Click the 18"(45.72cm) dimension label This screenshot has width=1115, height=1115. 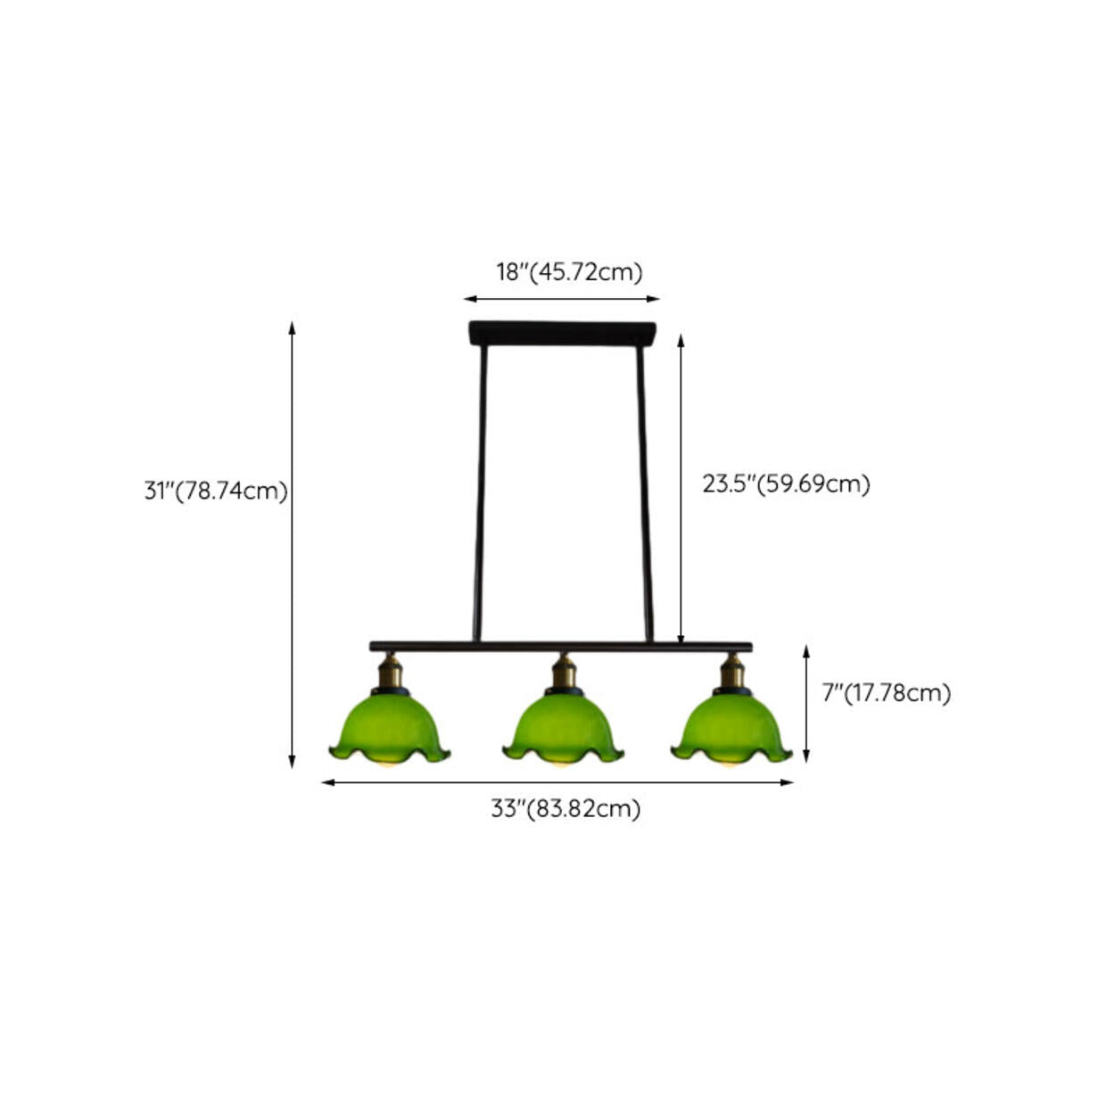pos(569,272)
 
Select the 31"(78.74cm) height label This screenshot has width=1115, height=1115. pos(216,491)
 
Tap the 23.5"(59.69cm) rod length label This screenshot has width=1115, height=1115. pos(787,483)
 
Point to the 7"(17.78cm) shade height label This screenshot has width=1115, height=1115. pos(887,692)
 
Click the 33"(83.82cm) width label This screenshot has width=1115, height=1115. pos(566,808)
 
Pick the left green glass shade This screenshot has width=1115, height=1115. pos(390,729)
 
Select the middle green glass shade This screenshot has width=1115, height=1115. pos(563,729)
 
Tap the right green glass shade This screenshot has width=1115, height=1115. pos(731,729)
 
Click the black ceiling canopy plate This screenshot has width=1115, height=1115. pos(562,334)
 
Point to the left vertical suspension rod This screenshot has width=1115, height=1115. pos(480,493)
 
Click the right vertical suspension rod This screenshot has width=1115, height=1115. pos(645,493)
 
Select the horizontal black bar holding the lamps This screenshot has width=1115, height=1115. pos(561,647)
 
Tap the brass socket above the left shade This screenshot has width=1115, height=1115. pos(390,671)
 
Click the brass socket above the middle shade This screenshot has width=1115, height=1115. pos(564,671)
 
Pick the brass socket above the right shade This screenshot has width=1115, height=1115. pos(732,671)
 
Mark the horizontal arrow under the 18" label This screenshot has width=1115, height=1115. pos(561,299)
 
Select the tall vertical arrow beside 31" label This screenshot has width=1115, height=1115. pos(293,545)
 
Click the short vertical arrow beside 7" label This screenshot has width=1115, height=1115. pos(806,704)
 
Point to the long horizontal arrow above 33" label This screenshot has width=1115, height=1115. pos(557,782)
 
